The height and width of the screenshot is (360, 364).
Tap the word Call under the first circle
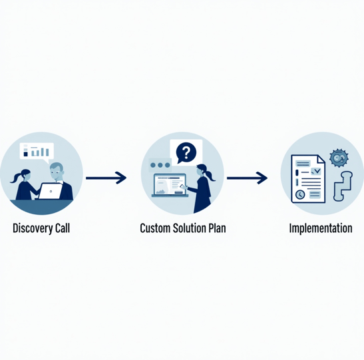pos(63,228)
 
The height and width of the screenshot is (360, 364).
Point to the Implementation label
pos(321,228)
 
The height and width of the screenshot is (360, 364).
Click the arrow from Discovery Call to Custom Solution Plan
pos(106,178)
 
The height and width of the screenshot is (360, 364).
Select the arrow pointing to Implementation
pos(247,178)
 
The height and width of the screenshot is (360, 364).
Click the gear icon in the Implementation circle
pos(339,158)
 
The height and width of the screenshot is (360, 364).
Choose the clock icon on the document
pos(300,194)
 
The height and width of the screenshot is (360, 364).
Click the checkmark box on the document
pos(315,171)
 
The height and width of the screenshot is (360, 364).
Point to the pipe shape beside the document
pos(343,186)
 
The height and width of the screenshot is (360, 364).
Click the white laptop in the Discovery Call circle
pos(51,191)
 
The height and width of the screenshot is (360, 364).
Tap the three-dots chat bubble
pos(160,165)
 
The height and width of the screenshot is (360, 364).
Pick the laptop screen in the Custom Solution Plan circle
pos(170,184)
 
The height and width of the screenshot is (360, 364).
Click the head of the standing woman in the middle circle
pos(202,170)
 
